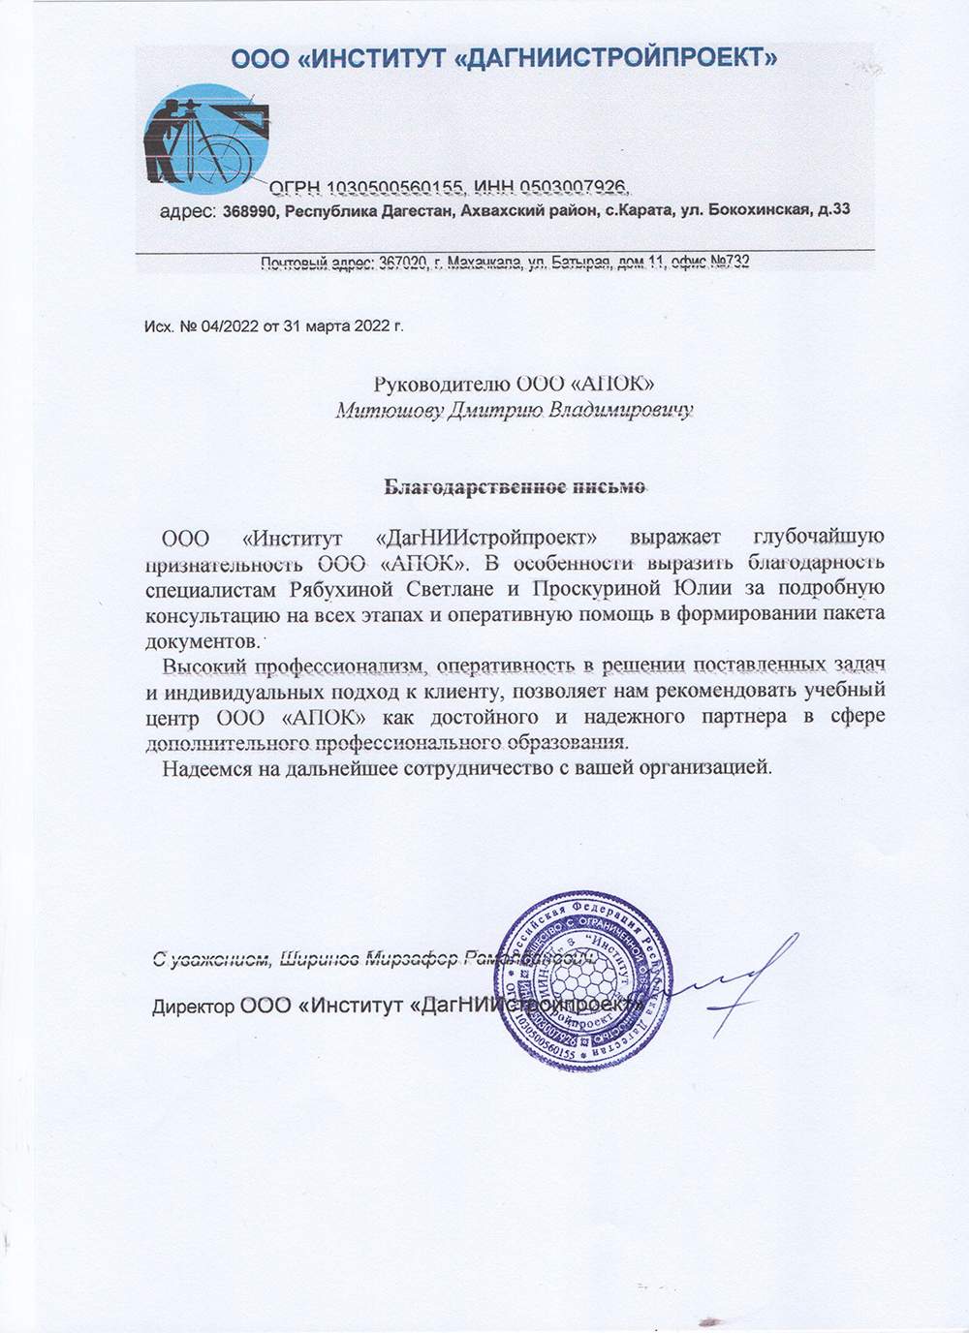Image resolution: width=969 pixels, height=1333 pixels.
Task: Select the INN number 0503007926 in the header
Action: pyautogui.click(x=576, y=187)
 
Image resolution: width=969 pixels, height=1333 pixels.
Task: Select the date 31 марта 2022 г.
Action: pyautogui.click(x=343, y=326)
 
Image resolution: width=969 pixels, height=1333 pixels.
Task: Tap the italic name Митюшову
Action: pyautogui.click(x=388, y=411)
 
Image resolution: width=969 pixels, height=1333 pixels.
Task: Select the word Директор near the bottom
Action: pyautogui.click(x=193, y=1007)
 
